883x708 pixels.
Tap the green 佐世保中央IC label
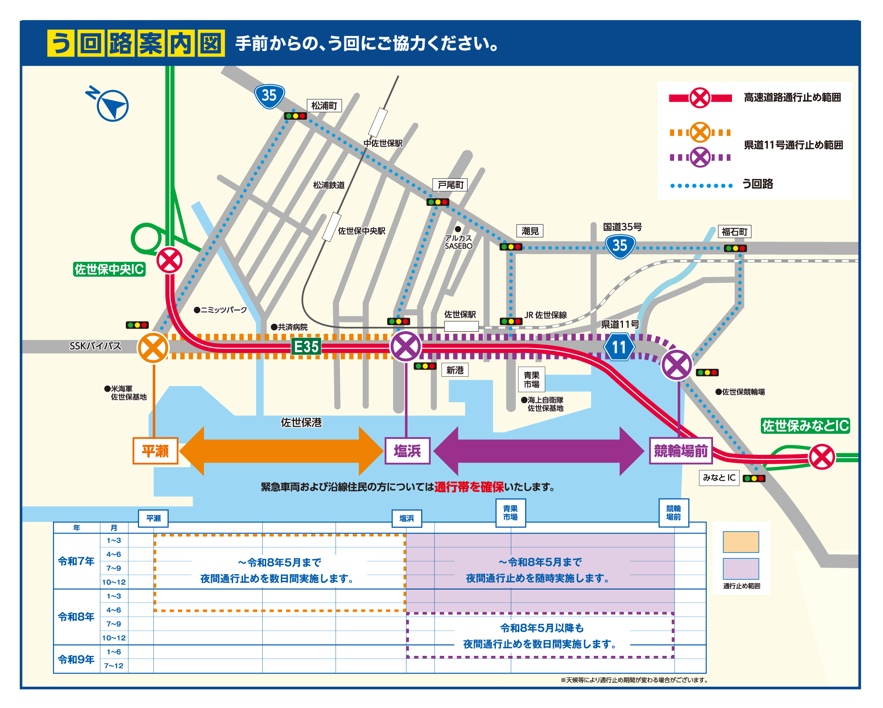109,269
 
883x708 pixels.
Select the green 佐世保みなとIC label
805,425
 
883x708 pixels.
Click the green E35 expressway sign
306,346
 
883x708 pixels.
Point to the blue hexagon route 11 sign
619,347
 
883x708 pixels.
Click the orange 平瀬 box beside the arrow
155,451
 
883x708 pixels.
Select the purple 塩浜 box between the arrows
407,451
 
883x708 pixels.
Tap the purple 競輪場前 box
680,451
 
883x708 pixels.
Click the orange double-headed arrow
281,451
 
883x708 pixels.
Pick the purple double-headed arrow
539,451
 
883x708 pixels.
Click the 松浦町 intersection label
324,106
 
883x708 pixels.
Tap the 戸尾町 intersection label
450,185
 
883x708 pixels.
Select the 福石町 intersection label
735,231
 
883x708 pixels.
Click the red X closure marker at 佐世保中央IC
170,260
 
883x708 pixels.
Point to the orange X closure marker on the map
153,348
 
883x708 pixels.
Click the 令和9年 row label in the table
76,659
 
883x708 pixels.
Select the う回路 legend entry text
758,184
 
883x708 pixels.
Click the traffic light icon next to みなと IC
754,478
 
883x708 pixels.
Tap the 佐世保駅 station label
460,314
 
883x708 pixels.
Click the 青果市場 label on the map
531,379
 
